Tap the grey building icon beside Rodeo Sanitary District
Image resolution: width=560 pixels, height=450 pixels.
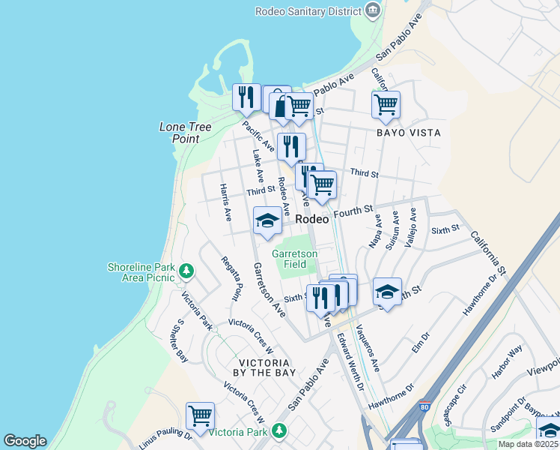(x=372, y=10)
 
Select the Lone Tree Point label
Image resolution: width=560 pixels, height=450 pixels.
(x=180, y=133)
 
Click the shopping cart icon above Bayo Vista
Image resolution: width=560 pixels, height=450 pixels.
(x=386, y=104)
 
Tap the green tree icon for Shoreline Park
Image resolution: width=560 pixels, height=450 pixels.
(x=187, y=271)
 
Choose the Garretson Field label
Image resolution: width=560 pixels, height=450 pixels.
(x=294, y=259)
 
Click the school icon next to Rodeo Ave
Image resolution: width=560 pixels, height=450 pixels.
(x=267, y=220)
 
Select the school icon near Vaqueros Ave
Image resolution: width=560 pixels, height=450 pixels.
(x=387, y=292)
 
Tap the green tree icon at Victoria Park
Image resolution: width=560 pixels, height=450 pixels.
(x=279, y=430)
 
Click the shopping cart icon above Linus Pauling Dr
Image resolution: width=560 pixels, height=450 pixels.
(x=200, y=415)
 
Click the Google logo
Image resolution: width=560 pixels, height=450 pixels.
(x=25, y=441)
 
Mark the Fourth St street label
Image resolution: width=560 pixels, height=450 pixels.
(x=353, y=212)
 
